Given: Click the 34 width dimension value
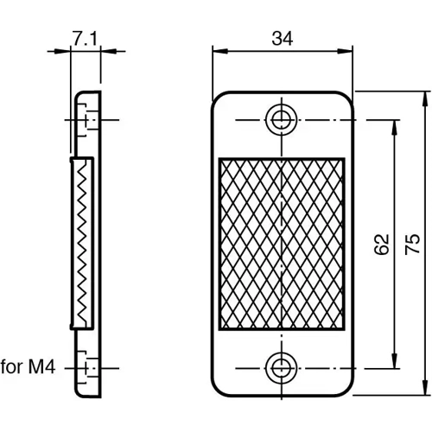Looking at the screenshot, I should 281,38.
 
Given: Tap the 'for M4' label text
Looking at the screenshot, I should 28,366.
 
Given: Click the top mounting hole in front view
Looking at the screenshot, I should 282,118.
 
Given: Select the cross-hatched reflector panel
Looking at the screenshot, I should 282,244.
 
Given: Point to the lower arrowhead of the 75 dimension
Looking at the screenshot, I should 424,392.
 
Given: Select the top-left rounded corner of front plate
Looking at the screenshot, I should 218,98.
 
